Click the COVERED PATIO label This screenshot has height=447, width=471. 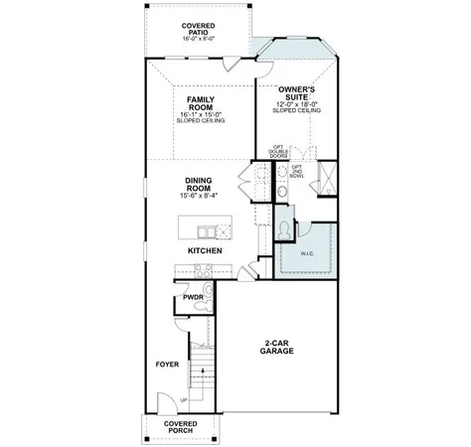[200, 29]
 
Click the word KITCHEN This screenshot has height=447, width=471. [205, 251]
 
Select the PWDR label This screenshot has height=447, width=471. [192, 296]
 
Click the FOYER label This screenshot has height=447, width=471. [167, 365]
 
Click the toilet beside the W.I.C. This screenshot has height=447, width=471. [285, 228]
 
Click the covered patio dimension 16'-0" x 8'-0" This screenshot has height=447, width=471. [200, 39]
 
